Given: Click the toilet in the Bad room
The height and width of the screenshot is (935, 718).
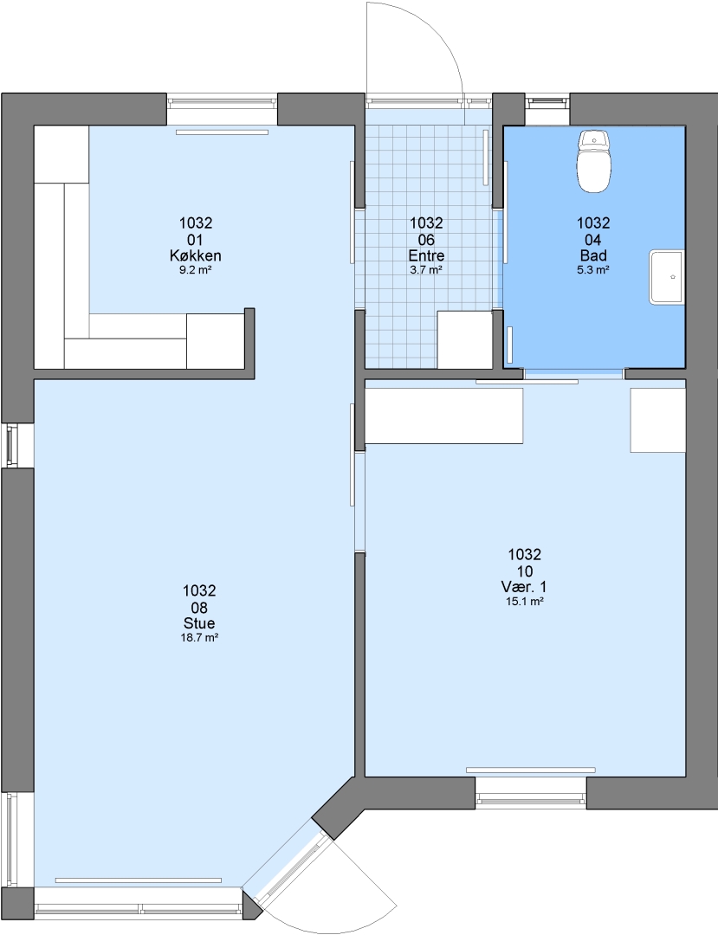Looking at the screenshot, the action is (x=594, y=162).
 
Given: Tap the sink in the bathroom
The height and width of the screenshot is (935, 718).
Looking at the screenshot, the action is (x=666, y=277).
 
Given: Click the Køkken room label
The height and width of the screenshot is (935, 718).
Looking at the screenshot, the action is (x=196, y=255).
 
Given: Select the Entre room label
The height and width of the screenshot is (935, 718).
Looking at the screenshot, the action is (x=426, y=255).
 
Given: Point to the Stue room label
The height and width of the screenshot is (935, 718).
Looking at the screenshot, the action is (x=199, y=623).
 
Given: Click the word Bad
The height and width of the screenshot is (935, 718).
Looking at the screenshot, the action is (x=593, y=255).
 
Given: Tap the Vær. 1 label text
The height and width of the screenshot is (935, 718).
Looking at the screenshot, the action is (x=524, y=587).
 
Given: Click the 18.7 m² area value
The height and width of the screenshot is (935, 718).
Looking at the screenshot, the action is (x=199, y=637).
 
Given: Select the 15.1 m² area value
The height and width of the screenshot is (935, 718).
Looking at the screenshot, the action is (x=525, y=602).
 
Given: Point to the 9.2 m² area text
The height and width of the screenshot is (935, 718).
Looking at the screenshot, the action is (x=197, y=269).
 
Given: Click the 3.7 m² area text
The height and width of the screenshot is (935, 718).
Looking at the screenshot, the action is (x=426, y=269).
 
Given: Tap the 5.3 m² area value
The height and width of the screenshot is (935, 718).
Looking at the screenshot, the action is (x=593, y=269).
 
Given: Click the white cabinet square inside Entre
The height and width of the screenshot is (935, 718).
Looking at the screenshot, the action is (x=465, y=339).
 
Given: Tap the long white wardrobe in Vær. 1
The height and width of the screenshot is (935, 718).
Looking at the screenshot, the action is (x=443, y=416).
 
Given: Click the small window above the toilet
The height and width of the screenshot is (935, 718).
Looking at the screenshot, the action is (x=547, y=101).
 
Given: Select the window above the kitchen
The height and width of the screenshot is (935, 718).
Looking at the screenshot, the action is (x=223, y=102).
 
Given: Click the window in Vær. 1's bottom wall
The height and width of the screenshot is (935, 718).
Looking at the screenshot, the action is (x=531, y=800).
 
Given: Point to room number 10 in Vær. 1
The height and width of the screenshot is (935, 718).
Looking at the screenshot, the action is (x=525, y=571).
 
